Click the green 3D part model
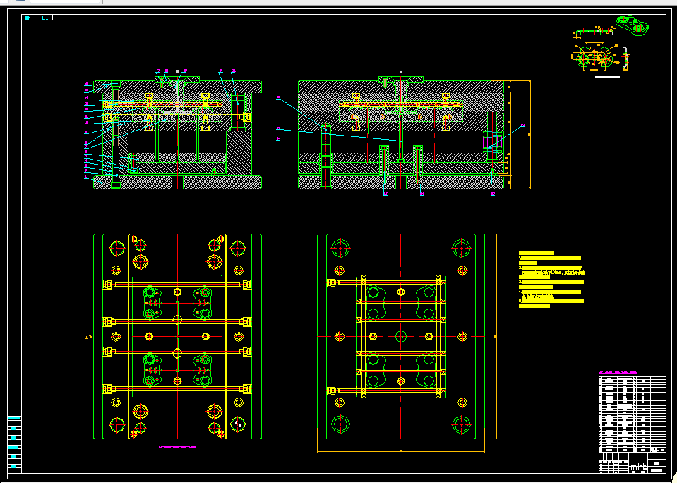633,25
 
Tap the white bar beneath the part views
607,77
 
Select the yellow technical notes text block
551,280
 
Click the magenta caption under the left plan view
177,446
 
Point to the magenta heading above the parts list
618,372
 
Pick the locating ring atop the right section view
400,78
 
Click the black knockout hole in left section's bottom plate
177,182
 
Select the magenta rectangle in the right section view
492,142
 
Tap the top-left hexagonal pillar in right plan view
341,249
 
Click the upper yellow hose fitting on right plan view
331,282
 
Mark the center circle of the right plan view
400,336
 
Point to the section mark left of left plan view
88,337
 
